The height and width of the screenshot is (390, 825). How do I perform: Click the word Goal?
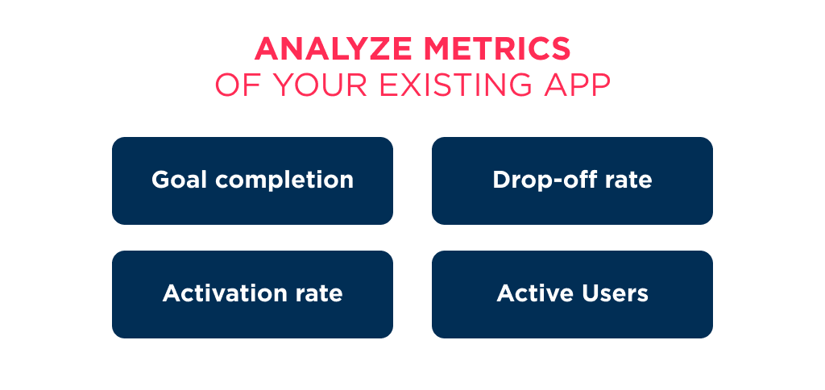point(178,180)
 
